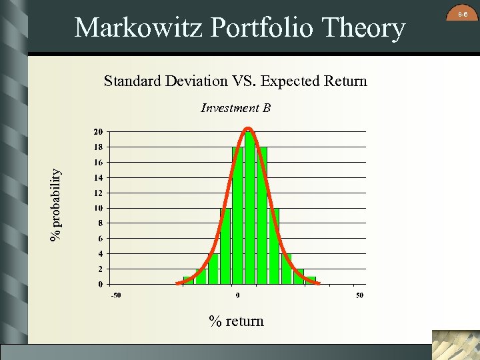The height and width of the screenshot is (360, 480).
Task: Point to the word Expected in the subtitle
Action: pyautogui.click(x=288, y=81)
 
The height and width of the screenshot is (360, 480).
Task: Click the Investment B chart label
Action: pyautogui.click(x=235, y=108)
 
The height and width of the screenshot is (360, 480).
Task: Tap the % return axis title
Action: pyautogui.click(x=236, y=321)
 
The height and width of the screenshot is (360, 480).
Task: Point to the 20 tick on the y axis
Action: pyautogui.click(x=98, y=131)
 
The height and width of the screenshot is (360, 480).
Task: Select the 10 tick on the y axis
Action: pyautogui.click(x=98, y=208)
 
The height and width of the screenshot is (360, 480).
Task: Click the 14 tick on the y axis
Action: pyautogui.click(x=98, y=177)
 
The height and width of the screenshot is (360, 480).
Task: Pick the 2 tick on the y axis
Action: pyautogui.click(x=101, y=269)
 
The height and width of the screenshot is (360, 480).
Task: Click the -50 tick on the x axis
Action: pyautogui.click(x=115, y=295)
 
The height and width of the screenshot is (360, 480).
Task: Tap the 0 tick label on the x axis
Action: pyautogui.click(x=238, y=295)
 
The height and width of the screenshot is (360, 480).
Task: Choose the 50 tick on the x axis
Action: pyautogui.click(x=359, y=295)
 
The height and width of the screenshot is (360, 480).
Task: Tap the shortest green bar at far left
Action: pyautogui.click(x=189, y=280)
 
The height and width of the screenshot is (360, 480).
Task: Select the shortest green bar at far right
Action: pyautogui.click(x=311, y=280)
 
